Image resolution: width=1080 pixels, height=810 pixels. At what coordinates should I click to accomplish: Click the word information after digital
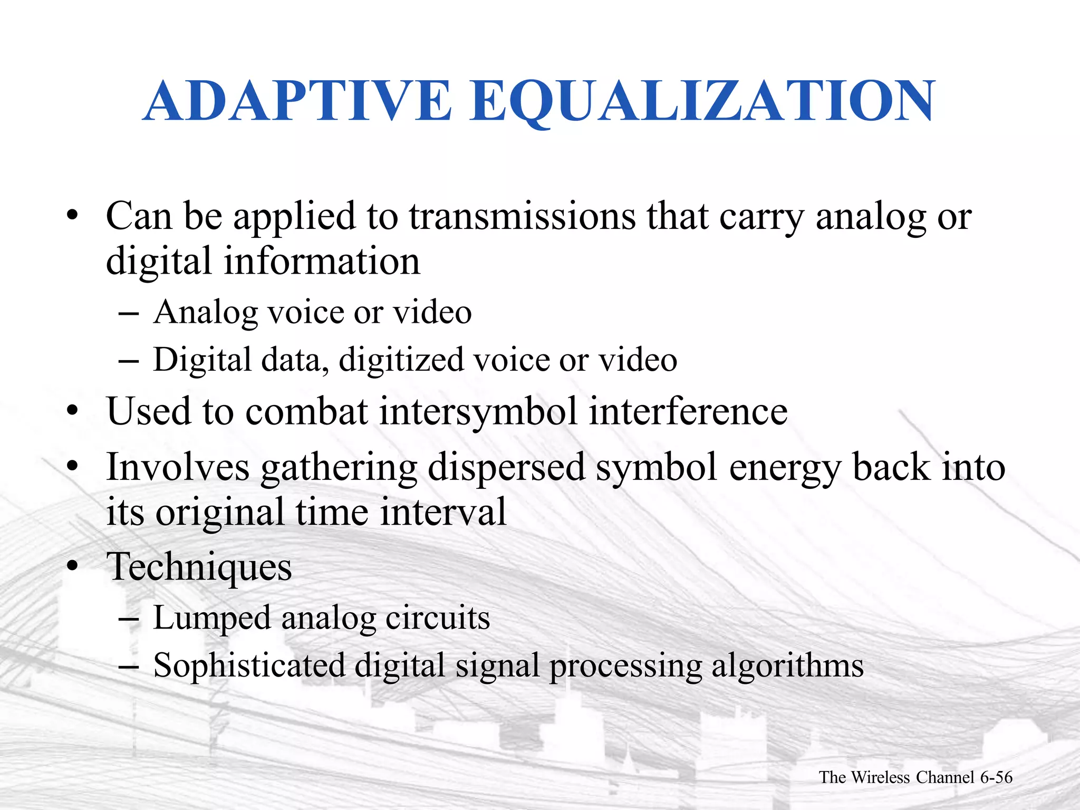[322, 262]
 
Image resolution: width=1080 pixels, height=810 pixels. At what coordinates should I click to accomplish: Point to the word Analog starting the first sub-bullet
[206, 313]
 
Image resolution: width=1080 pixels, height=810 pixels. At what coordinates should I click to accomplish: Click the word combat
[306, 411]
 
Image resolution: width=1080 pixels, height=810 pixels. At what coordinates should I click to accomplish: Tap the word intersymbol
[478, 411]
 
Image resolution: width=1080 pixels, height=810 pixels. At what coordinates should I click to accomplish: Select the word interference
[688, 411]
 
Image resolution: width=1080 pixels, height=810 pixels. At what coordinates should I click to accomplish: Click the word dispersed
[506, 468]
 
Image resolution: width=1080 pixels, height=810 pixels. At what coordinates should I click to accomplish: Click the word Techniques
[199, 567]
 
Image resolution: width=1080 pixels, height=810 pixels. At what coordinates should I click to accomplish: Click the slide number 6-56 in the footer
[996, 777]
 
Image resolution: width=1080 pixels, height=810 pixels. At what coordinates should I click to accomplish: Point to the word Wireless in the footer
[880, 777]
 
